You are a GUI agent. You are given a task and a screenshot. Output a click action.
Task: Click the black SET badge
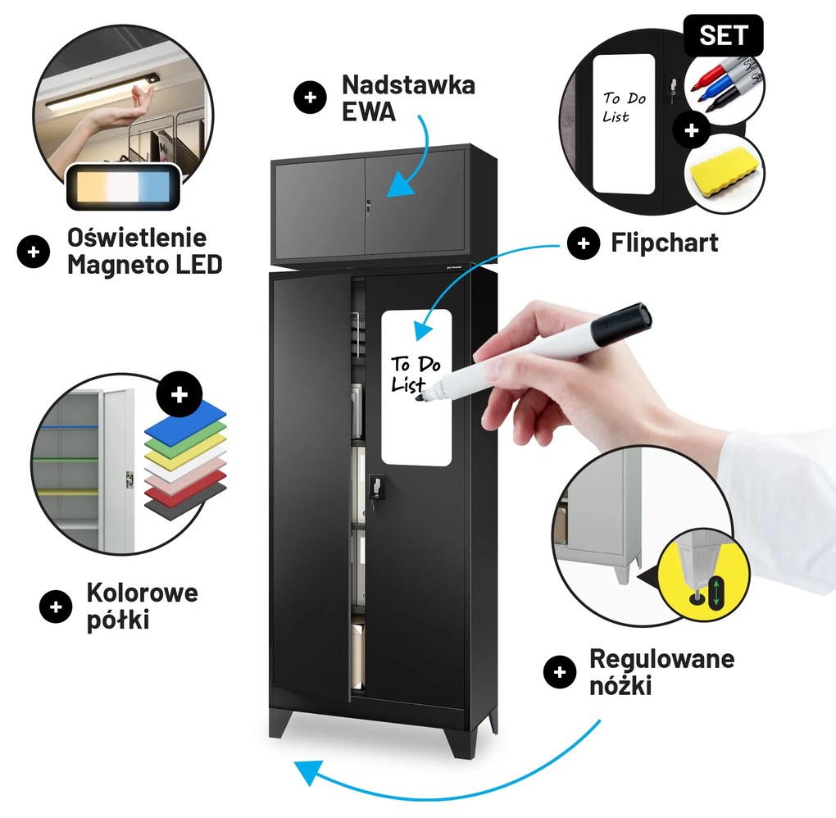(x=724, y=35)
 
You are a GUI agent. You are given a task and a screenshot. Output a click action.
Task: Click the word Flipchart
(x=665, y=243)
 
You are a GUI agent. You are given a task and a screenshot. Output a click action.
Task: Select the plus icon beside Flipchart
(x=584, y=243)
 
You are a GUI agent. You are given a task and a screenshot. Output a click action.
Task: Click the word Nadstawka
(x=408, y=84)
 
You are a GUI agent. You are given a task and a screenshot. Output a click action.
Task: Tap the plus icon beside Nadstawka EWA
(x=311, y=98)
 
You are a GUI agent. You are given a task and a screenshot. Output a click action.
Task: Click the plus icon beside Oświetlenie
(x=34, y=252)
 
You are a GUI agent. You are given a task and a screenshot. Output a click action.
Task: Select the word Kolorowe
(x=143, y=593)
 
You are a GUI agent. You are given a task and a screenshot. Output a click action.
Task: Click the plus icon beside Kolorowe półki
(x=56, y=607)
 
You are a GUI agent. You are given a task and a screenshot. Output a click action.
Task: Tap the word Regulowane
(x=661, y=659)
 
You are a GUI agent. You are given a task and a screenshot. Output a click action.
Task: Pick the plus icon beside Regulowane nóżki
(x=560, y=672)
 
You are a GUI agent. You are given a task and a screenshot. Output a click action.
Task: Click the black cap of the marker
(x=625, y=325)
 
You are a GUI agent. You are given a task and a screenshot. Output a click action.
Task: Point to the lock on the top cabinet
(x=368, y=207)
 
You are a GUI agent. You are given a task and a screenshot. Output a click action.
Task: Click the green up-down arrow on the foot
(x=716, y=592)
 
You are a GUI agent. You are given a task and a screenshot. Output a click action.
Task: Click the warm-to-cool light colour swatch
(x=123, y=187)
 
